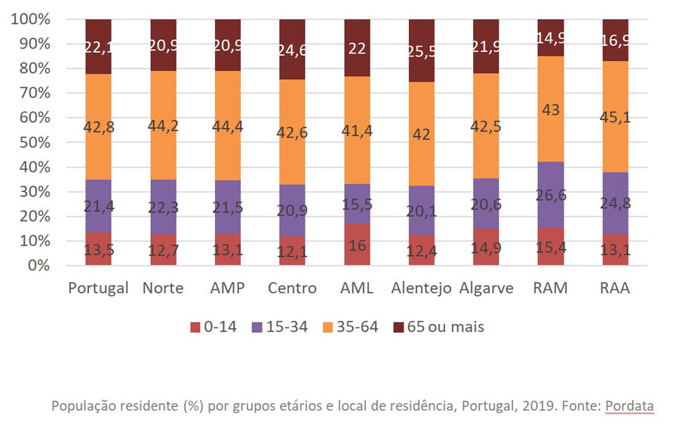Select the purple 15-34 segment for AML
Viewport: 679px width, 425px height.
click(357, 204)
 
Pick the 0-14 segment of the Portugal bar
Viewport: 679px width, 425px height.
click(98, 249)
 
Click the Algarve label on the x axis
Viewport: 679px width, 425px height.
click(486, 288)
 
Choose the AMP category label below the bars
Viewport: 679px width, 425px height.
click(227, 288)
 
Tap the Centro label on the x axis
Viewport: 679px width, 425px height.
click(292, 288)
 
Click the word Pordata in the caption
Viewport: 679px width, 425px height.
click(628, 406)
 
